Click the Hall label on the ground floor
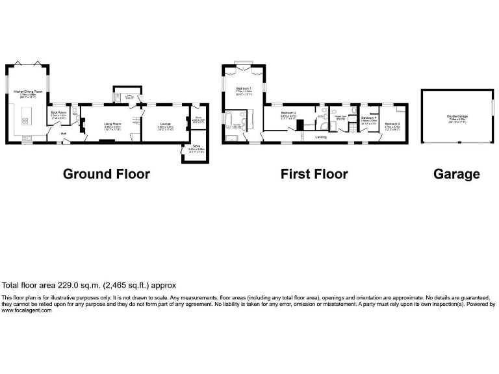tap(64, 134)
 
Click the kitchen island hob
tap(25, 119)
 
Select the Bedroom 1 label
tap(244, 89)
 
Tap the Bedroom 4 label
tap(369, 119)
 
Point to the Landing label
tap(321, 138)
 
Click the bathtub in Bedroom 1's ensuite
tap(229, 121)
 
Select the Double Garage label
tap(457, 118)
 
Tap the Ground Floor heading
tap(106, 174)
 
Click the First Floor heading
tap(314, 174)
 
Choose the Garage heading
tap(457, 174)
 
